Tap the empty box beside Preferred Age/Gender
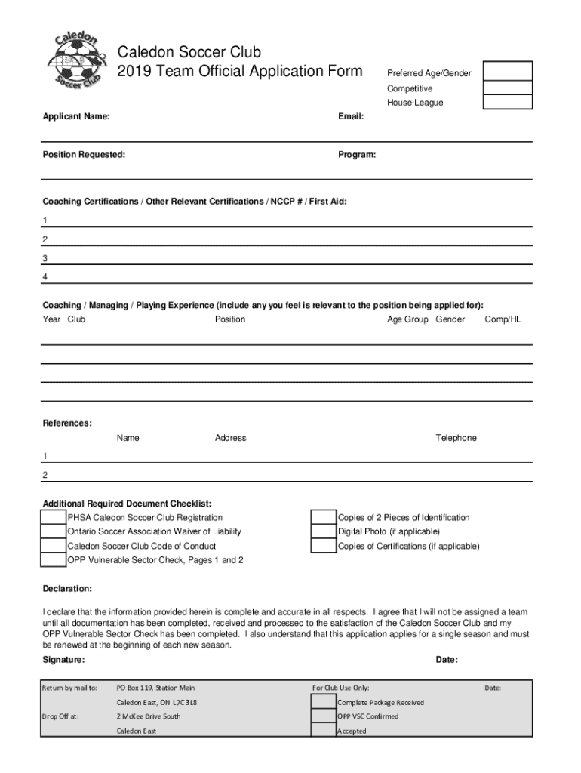(507, 71)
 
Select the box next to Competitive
(507, 88)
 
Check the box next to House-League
(507, 102)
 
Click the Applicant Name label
(75, 117)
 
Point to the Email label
(352, 117)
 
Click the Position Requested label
(84, 155)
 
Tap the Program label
(358, 155)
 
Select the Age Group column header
(407, 319)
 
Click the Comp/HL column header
(503, 319)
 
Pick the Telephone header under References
(456, 438)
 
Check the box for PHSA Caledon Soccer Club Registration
(53, 518)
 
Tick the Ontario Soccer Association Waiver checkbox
(53, 531)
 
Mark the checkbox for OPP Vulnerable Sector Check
(53, 560)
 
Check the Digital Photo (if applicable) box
(324, 531)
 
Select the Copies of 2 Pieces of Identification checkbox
(324, 518)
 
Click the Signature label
(63, 660)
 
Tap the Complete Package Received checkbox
(324, 702)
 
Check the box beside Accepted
(324, 731)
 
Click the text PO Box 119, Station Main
(155, 688)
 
